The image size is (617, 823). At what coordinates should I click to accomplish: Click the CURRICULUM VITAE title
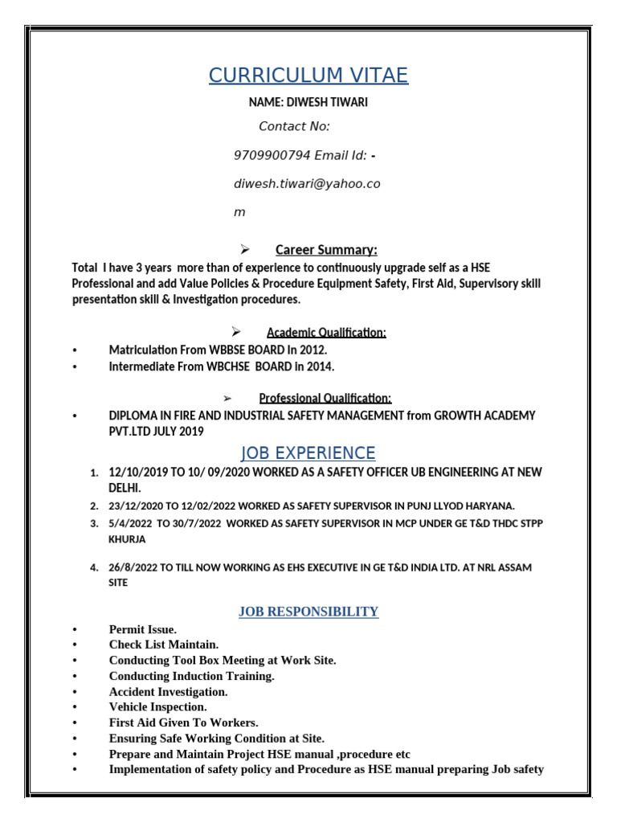[308, 76]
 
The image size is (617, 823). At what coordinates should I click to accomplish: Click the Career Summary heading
[326, 249]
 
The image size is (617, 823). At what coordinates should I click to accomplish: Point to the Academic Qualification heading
[326, 333]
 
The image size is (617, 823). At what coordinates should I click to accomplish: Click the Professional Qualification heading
[325, 398]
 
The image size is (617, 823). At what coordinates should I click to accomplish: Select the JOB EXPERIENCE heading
[308, 452]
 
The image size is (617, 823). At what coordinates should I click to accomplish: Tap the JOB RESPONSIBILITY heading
[308, 612]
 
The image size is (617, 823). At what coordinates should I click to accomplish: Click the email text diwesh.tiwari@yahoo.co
[307, 184]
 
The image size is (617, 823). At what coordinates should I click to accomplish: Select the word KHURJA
[128, 540]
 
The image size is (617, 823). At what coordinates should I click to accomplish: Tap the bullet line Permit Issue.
[143, 629]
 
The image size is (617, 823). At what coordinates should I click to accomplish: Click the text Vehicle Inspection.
[157, 707]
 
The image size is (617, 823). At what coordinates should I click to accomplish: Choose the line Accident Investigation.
[168, 691]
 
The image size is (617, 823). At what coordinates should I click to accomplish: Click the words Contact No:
[294, 126]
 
